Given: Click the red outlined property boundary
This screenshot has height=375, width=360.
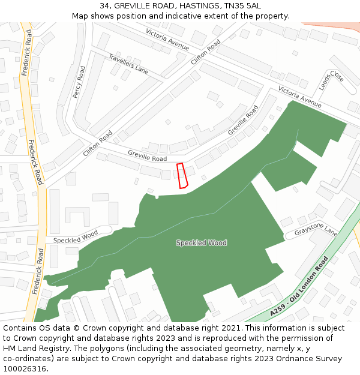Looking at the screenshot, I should point(182,175).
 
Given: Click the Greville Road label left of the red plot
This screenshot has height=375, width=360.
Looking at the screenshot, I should point(147,156).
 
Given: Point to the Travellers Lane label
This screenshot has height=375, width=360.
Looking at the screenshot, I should point(128,64).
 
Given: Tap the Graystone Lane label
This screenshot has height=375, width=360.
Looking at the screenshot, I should point(316,231).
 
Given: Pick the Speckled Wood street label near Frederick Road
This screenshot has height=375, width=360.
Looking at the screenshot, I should point(76,237).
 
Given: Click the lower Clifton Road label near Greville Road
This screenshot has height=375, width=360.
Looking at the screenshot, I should point(98,145).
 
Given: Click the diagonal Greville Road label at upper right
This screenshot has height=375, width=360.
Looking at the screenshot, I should point(243,121).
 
